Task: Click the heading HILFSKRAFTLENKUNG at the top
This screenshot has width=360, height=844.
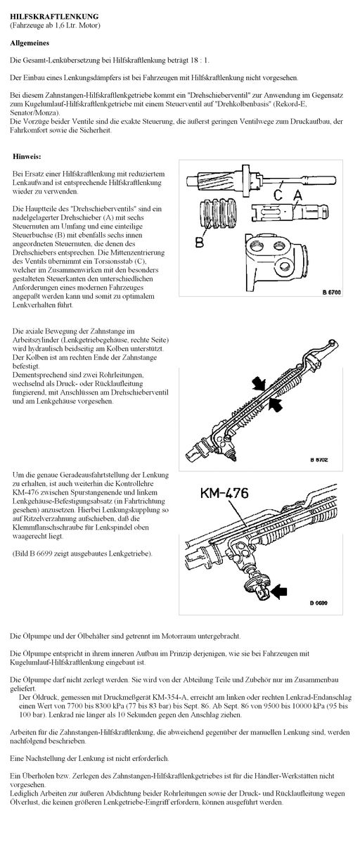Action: point(55,17)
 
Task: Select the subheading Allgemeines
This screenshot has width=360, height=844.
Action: point(30,43)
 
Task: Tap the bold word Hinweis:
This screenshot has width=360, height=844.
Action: point(27,156)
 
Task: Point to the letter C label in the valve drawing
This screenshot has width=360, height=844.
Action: point(278,195)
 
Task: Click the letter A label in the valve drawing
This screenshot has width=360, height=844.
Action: point(298,195)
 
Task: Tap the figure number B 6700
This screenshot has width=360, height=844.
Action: point(331,292)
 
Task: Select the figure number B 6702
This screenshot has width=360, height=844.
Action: point(319,459)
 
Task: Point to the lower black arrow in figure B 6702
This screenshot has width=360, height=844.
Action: point(276,404)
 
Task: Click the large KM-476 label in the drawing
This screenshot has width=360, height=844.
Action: point(224,493)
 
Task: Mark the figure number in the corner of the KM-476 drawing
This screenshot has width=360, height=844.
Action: point(319,603)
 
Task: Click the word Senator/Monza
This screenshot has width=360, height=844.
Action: point(34,113)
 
